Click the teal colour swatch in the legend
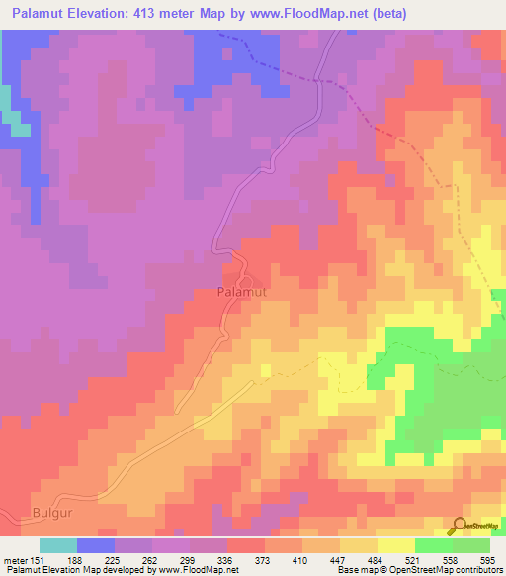58,545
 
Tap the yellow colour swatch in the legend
395,545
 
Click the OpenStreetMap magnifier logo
459,525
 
